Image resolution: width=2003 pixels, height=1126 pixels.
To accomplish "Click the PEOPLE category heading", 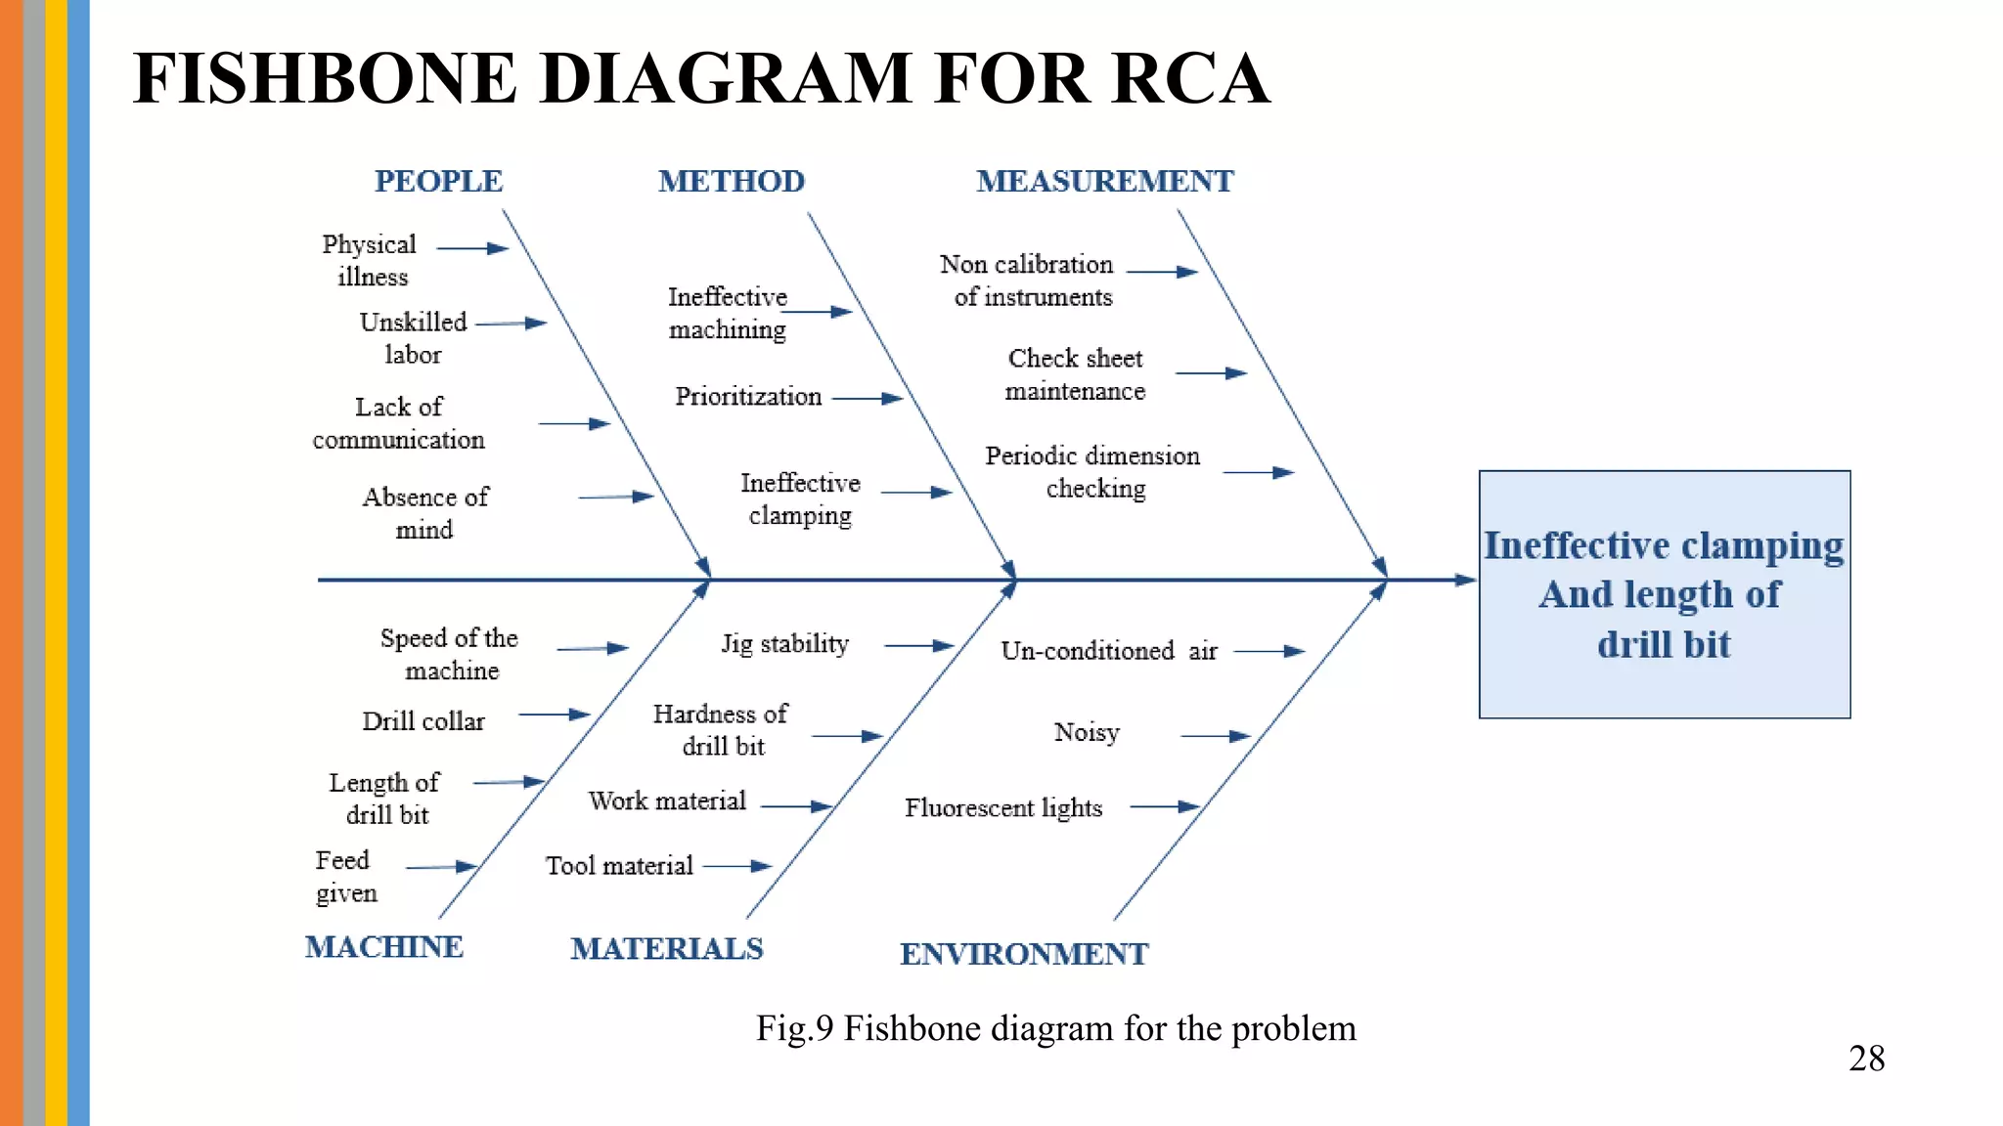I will [x=438, y=182].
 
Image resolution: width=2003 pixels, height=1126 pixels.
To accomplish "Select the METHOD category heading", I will [x=731, y=182].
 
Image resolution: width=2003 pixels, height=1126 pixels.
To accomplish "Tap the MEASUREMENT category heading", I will [x=1104, y=182].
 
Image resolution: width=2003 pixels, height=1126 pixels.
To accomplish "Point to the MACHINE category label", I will [x=383, y=947].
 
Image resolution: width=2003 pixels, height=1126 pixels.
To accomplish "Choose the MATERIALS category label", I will [x=666, y=949].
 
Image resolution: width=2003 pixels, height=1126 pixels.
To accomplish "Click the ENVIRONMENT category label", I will [x=1023, y=954].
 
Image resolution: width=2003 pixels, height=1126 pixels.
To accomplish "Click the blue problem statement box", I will [x=1664, y=594].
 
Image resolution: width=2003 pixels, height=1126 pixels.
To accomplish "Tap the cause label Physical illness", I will [x=370, y=260].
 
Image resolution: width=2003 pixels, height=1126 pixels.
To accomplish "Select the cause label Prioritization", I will [x=748, y=397].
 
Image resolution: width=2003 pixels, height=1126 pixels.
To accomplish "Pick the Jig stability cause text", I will [x=784, y=644].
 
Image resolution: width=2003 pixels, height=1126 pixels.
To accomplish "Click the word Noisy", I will [x=1086, y=733].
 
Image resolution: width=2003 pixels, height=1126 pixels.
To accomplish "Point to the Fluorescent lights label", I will [x=1002, y=808].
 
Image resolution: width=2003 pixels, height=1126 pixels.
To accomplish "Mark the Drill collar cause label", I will [x=423, y=721].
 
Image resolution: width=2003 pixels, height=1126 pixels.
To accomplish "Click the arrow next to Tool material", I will [x=737, y=866].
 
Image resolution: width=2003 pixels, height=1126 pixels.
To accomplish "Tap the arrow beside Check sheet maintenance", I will [x=1211, y=373].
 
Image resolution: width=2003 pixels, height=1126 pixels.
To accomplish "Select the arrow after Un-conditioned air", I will [x=1269, y=651].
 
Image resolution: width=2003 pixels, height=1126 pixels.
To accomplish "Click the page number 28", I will [x=1866, y=1059].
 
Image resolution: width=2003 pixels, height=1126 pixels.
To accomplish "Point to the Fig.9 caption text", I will [x=1055, y=1028].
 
